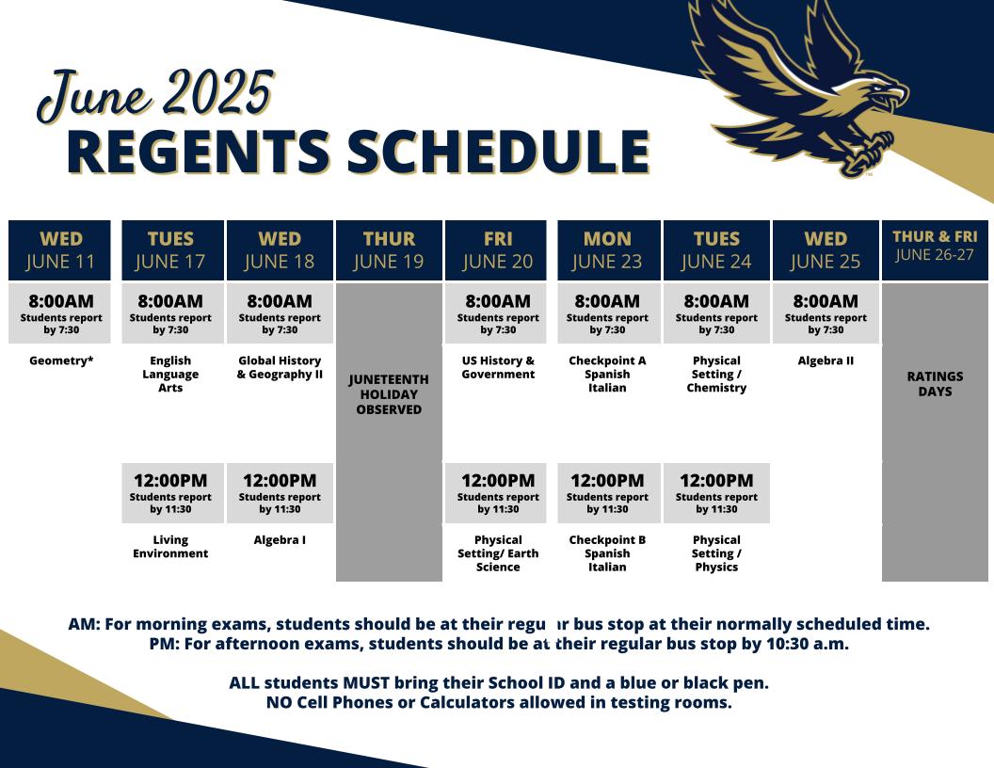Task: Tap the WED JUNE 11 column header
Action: (x=59, y=250)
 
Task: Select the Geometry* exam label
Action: (x=61, y=360)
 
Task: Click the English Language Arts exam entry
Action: (x=170, y=374)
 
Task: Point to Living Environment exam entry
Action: (x=170, y=546)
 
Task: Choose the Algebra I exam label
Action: (x=280, y=540)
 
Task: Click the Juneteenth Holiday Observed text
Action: (x=389, y=394)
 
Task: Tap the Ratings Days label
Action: (x=935, y=383)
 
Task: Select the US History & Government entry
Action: (x=498, y=367)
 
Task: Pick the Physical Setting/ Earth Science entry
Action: (x=498, y=553)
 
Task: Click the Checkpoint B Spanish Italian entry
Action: (x=607, y=553)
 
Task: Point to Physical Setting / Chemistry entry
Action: (x=716, y=374)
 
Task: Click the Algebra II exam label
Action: (x=826, y=360)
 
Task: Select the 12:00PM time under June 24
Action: (x=716, y=480)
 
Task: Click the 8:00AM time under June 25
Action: (x=826, y=301)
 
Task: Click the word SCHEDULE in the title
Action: (x=498, y=152)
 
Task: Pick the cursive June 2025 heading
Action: (x=155, y=96)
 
